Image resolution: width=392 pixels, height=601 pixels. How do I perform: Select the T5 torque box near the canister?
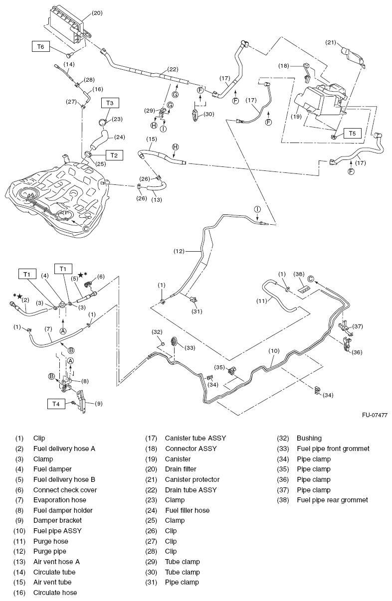(x=352, y=134)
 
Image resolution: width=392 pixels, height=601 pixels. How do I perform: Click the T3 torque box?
(x=110, y=103)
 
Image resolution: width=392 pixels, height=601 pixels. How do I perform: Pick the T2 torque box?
(x=114, y=155)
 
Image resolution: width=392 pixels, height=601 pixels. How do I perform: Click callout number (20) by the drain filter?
(x=97, y=13)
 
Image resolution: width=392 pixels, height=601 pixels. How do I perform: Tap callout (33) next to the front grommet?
(x=191, y=347)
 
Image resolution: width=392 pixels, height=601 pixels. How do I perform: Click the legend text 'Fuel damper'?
(x=52, y=469)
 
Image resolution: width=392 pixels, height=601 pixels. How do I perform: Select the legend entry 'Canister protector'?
(x=192, y=479)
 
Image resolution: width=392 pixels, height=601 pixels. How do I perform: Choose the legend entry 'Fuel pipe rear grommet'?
(x=332, y=500)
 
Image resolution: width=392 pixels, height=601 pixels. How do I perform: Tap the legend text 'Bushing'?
(x=309, y=438)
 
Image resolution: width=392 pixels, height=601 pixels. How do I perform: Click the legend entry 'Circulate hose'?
(x=55, y=593)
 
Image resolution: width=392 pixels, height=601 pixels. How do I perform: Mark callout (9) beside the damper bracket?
(x=98, y=404)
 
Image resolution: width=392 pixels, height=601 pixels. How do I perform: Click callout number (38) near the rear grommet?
(x=299, y=274)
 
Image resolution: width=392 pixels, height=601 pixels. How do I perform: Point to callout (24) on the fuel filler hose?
(x=120, y=137)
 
